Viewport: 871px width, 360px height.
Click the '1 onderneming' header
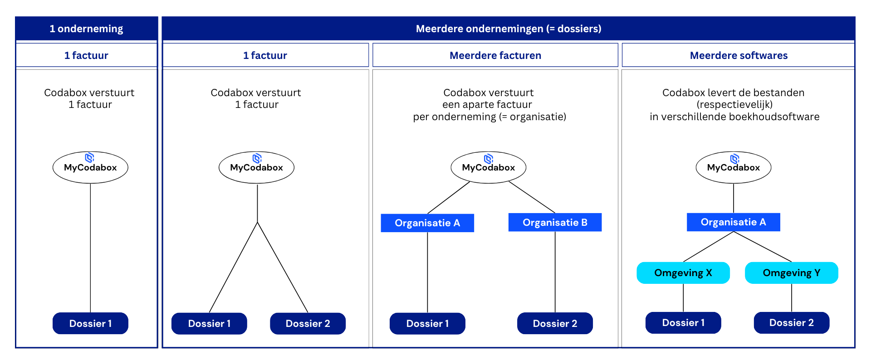(x=86, y=29)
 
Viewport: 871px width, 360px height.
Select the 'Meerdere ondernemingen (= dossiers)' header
(x=508, y=29)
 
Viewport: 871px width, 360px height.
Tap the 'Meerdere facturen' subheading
(x=495, y=55)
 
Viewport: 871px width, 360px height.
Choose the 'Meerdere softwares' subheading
(x=738, y=55)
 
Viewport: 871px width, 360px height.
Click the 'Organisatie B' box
(x=555, y=222)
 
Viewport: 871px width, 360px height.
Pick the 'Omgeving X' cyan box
(x=683, y=273)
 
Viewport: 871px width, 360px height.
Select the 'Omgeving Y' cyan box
(x=791, y=273)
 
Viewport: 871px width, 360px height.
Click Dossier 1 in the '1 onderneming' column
(x=90, y=323)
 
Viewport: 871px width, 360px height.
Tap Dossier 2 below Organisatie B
(x=555, y=323)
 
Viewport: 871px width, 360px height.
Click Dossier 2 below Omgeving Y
(x=791, y=323)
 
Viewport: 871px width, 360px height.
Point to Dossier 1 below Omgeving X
(x=683, y=323)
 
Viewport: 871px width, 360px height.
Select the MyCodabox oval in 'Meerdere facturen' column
(x=488, y=168)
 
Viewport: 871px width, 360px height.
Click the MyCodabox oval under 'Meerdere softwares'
(x=733, y=168)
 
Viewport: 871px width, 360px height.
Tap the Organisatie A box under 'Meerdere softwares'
(x=733, y=222)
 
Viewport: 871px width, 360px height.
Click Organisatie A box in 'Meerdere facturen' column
(x=427, y=223)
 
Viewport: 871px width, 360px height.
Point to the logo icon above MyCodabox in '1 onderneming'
(x=90, y=157)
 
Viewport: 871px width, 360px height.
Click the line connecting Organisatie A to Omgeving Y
(x=762, y=246)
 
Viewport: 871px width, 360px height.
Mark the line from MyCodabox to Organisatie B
(x=532, y=197)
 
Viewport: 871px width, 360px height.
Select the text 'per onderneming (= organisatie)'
(x=489, y=117)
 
